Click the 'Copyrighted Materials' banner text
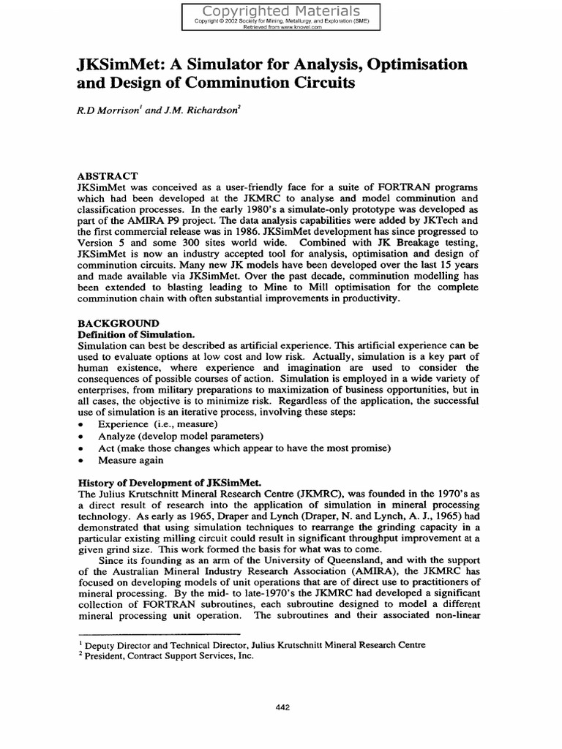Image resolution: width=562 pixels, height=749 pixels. [x=281, y=11]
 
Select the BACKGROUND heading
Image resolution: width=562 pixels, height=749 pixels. [x=119, y=323]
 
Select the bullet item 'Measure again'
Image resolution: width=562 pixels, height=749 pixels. [x=131, y=460]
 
